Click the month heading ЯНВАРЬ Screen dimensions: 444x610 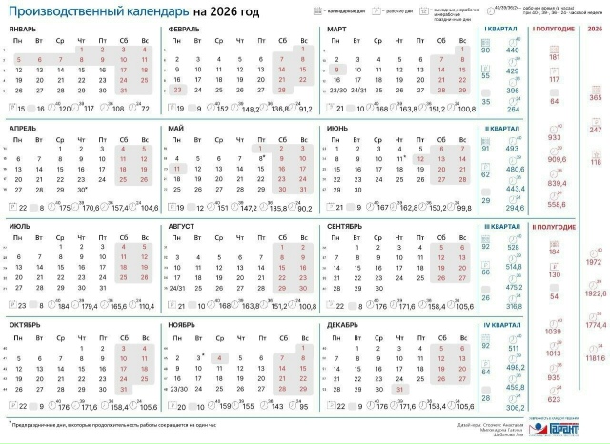pos(24,30)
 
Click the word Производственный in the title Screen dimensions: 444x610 pos(66,12)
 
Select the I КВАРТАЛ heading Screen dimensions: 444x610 pos(498,30)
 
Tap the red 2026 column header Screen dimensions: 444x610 pos(596,30)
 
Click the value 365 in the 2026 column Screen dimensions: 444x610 pos(596,98)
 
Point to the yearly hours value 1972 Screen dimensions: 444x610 pos(594,261)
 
